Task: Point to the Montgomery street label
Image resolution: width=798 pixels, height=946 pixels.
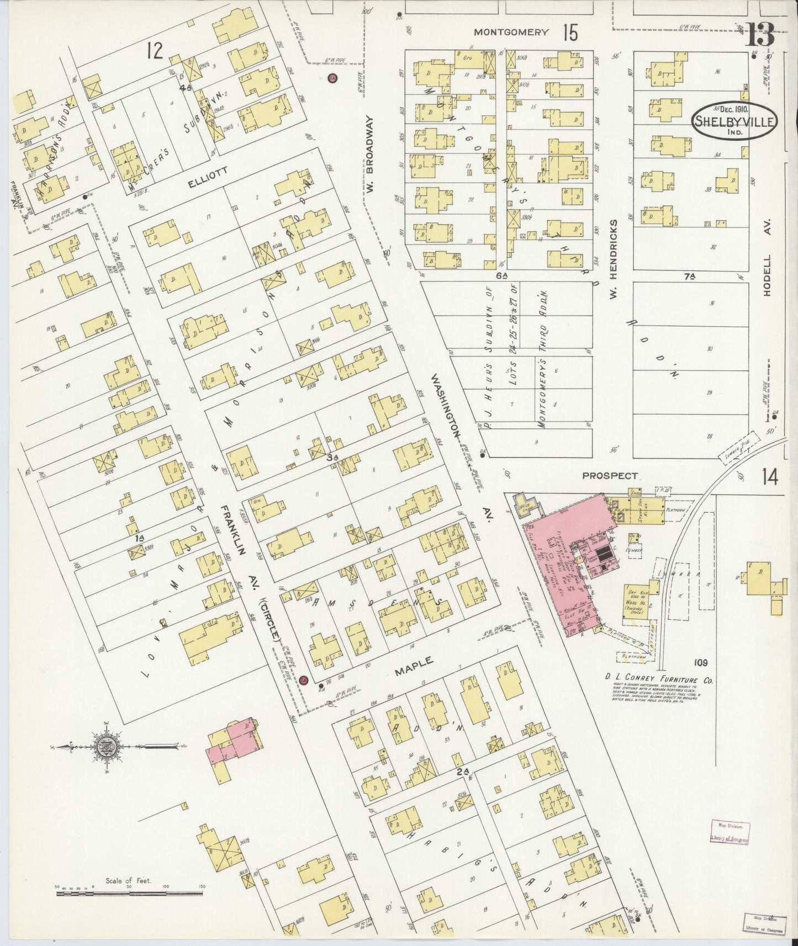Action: coord(511,32)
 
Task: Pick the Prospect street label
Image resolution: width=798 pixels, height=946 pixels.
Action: coord(610,475)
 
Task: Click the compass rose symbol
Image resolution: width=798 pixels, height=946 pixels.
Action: coord(104,747)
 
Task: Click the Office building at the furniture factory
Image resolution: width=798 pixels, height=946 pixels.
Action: coord(522,504)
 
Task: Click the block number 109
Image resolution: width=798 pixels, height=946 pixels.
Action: coord(699,662)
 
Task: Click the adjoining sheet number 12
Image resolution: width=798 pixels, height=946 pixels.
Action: coord(155,51)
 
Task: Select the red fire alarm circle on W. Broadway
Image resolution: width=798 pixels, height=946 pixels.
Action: coord(332,78)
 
